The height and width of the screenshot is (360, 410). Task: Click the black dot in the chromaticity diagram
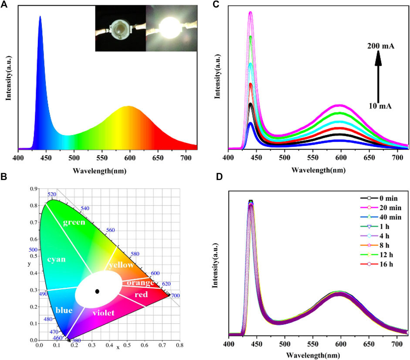click(x=97, y=291)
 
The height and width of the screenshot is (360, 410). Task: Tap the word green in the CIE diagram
click(x=73, y=223)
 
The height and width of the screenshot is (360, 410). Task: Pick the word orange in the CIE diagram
click(x=140, y=283)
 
